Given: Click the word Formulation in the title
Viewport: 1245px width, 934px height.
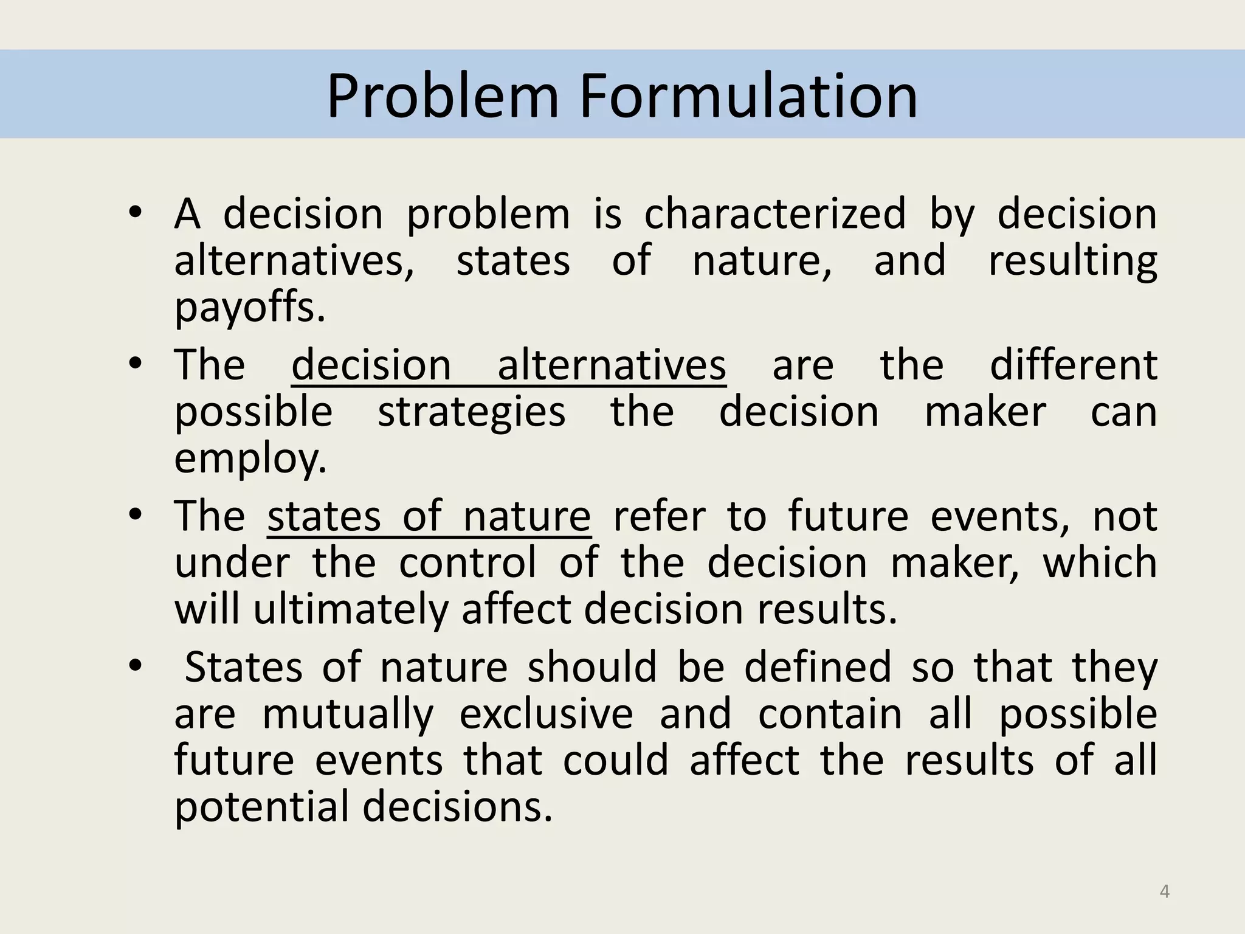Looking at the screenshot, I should point(748,96).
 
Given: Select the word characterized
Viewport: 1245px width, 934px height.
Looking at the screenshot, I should point(774,214).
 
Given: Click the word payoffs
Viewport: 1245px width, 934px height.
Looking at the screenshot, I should point(250,308).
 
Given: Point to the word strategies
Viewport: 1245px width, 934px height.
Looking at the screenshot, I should point(471,412).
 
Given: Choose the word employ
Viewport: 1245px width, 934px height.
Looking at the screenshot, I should point(250,458).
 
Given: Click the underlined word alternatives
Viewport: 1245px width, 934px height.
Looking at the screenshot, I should point(612,365).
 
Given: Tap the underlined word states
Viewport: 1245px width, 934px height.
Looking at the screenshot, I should point(323,516).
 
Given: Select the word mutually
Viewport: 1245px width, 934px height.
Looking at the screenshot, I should point(348,714).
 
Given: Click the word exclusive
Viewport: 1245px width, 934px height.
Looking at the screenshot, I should point(546,714).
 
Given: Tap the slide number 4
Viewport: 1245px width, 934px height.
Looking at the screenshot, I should point(1164,891).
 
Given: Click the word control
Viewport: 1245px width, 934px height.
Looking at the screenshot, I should point(467,562).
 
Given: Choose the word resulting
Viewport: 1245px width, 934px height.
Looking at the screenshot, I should point(1072,261).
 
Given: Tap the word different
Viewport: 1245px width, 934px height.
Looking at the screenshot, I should point(1073,365).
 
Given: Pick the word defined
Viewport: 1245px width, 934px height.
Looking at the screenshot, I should point(818,667).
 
